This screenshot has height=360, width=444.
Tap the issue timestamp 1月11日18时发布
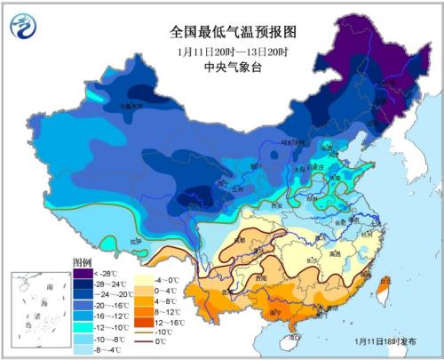pos(383,340)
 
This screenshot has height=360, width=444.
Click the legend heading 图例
pos(82,263)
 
